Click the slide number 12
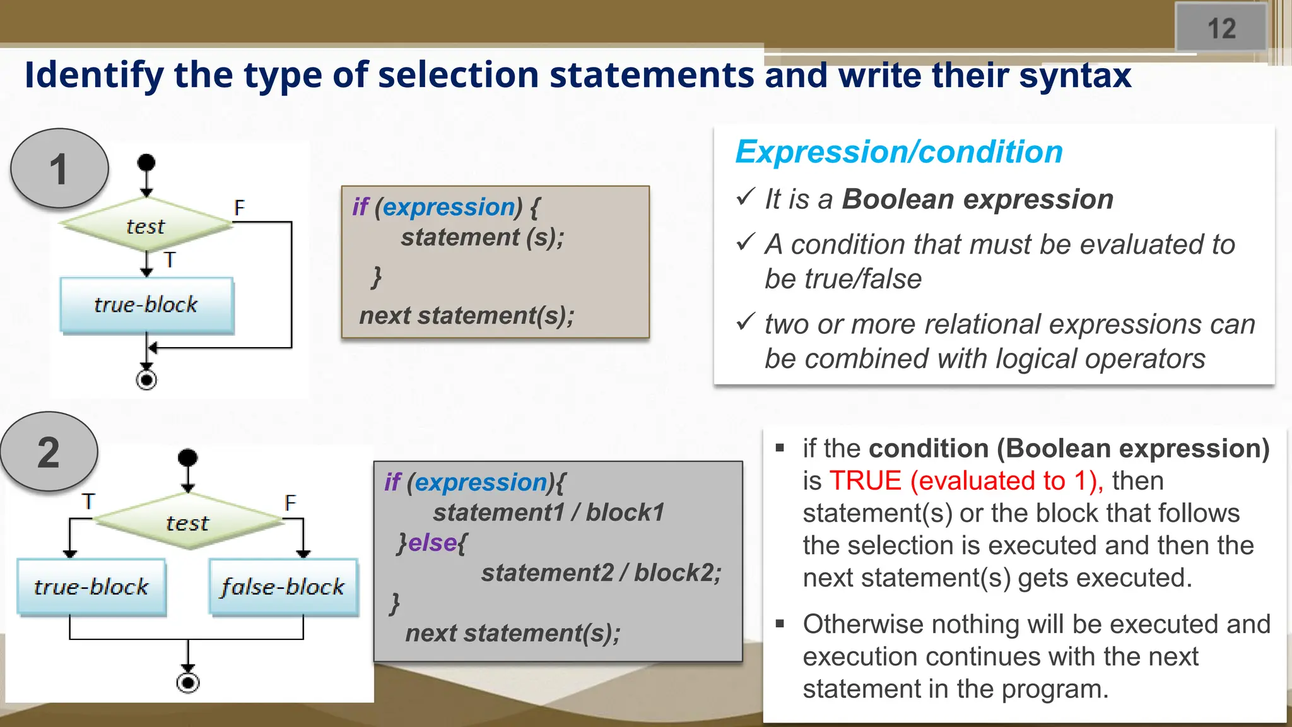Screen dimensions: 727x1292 [1221, 28]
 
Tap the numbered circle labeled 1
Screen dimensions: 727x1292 [59, 168]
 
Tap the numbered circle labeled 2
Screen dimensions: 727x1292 [49, 452]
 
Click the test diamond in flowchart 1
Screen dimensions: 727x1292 [146, 226]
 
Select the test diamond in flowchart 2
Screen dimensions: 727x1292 [187, 522]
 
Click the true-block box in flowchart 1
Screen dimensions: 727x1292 [146, 305]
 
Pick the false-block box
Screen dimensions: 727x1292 [283, 587]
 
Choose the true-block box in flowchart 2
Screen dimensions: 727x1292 [91, 587]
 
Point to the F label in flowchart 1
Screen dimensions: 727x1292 [239, 207]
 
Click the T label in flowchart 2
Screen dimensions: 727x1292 [88, 501]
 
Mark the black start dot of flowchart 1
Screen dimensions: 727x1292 [146, 162]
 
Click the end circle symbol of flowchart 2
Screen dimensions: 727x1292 [187, 682]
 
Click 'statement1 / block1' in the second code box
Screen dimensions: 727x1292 [548, 512]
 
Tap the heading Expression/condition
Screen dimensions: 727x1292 [899, 152]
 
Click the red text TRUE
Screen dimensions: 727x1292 [865, 481]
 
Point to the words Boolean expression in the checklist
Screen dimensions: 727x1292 [977, 199]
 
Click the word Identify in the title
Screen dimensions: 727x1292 [94, 75]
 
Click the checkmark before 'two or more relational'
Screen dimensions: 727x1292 [746, 322]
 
